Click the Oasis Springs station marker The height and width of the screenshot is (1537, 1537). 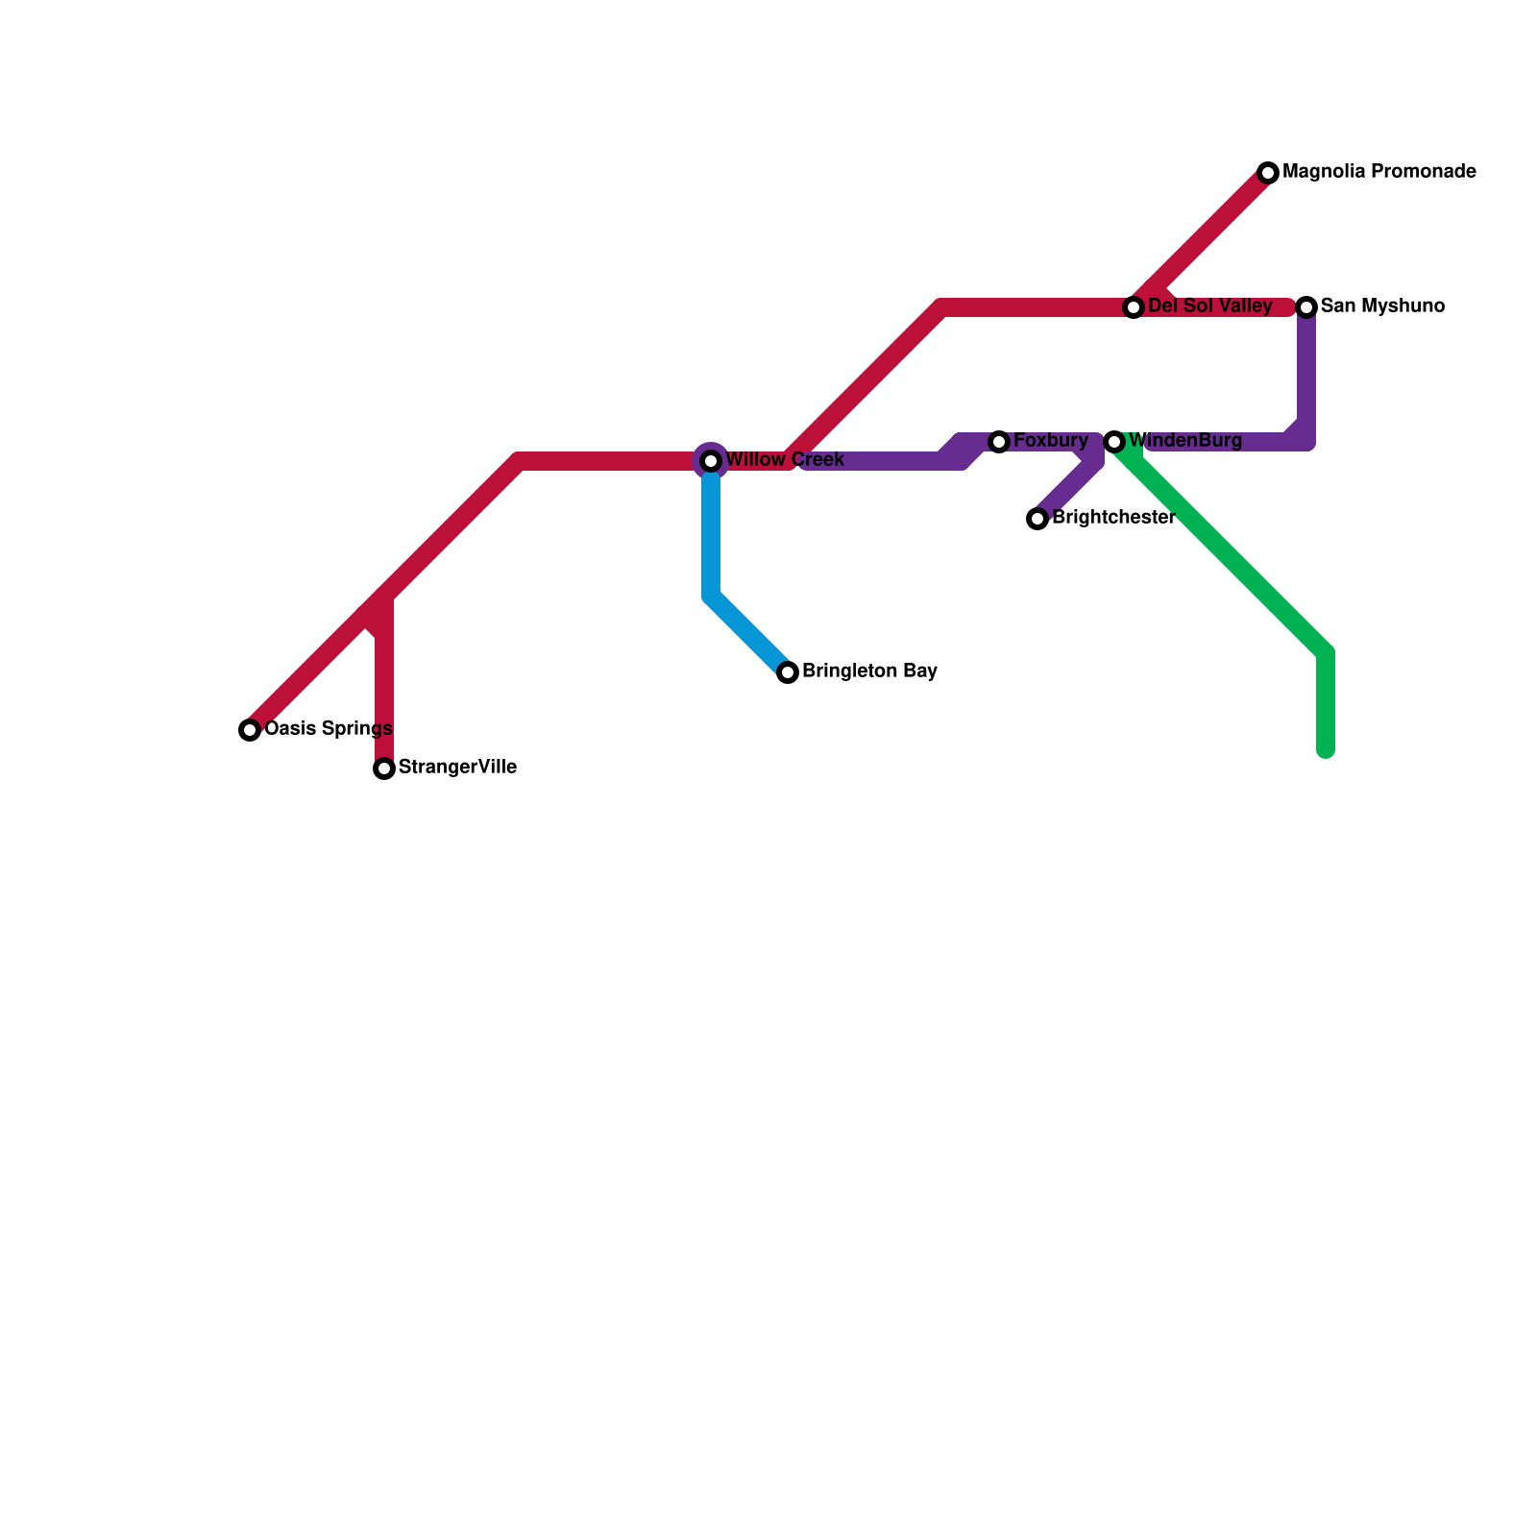coord(250,730)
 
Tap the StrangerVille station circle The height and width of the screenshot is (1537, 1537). coord(384,768)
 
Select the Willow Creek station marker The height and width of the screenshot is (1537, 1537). coord(711,461)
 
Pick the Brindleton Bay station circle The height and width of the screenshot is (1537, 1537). coord(788,672)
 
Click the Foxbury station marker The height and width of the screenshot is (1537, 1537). coord(999,442)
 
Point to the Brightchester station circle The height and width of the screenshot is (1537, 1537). coord(1037,519)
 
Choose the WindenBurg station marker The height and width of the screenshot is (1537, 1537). coord(1114,442)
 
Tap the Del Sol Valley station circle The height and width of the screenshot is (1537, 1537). coord(1134,307)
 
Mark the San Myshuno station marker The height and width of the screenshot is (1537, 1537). coord(1306,307)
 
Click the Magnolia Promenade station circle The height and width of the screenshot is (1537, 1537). coord(1268,173)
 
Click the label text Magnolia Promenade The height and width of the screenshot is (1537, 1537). coord(1378,172)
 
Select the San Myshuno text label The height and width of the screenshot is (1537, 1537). coord(1382,306)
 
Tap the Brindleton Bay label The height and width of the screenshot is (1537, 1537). coord(869,671)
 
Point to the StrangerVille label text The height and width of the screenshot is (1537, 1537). coord(457,768)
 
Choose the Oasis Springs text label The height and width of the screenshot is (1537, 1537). coord(328,729)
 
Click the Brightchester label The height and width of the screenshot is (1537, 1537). coord(1113,518)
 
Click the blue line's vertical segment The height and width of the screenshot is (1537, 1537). coord(711,538)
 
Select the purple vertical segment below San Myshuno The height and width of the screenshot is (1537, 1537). coord(1306,375)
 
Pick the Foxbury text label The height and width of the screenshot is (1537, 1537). coord(1050,441)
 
